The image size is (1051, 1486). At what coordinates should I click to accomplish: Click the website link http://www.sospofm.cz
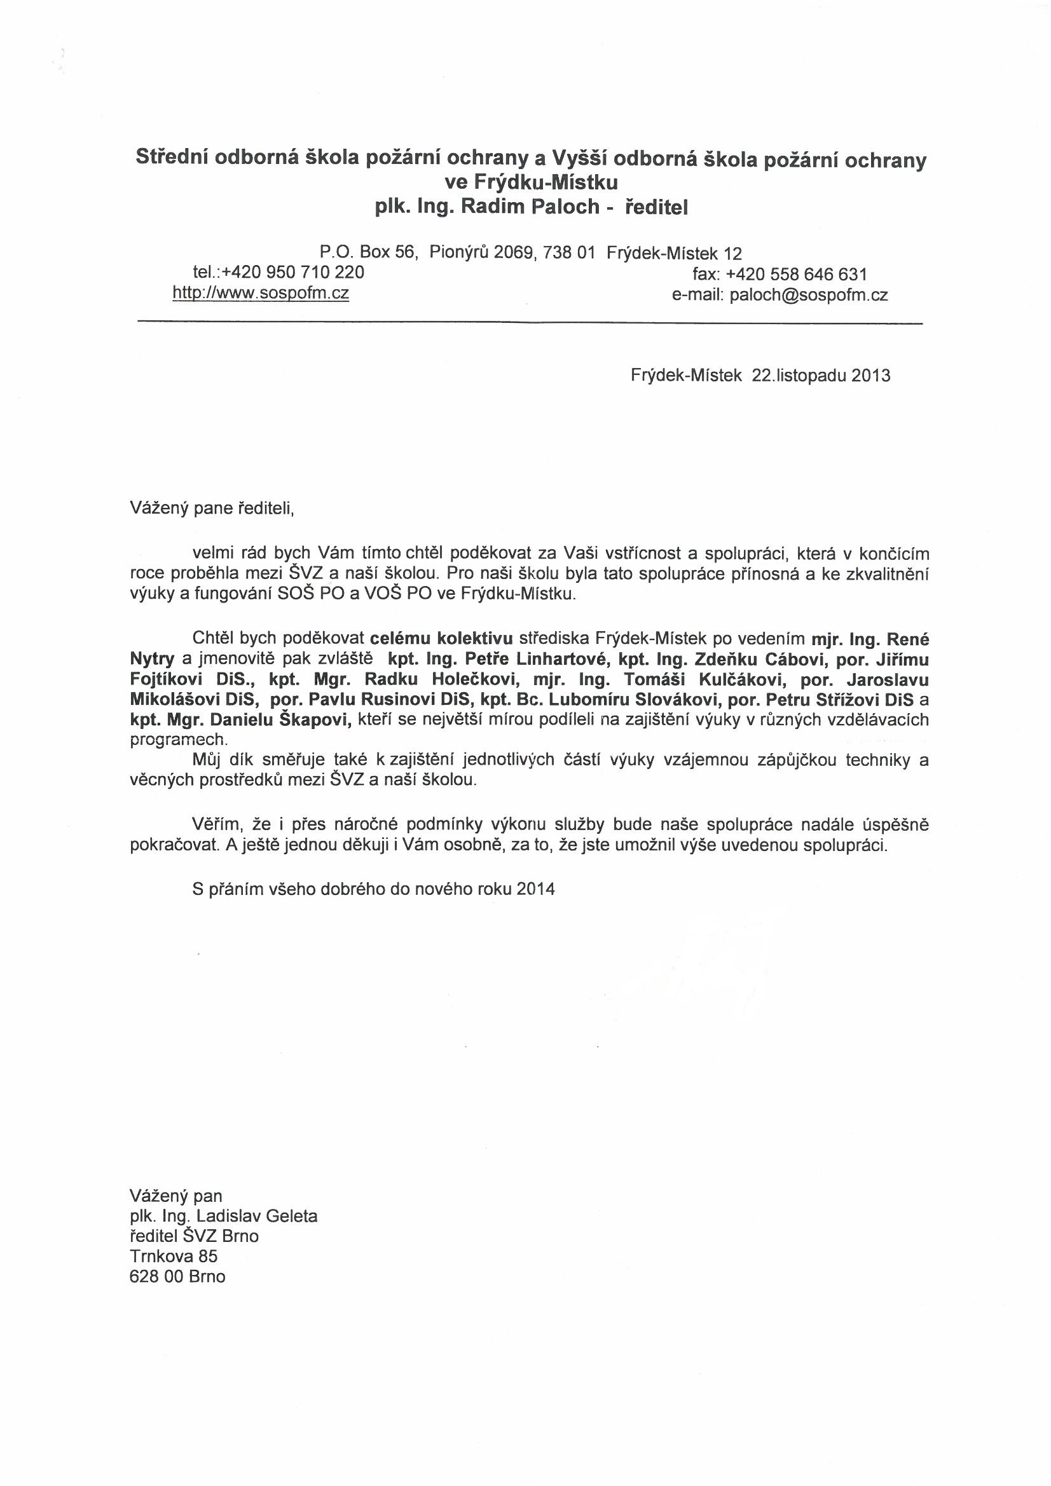[x=260, y=293]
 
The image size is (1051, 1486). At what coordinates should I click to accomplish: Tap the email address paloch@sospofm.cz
[x=808, y=296]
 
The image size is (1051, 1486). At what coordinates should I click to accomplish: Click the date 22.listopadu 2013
[x=820, y=376]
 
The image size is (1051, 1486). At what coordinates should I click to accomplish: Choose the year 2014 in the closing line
[x=536, y=889]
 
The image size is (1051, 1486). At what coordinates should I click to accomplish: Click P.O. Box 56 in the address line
[x=366, y=252]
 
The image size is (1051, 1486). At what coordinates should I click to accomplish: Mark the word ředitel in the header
[x=656, y=208]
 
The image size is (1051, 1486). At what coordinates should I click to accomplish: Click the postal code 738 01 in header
[x=568, y=252]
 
